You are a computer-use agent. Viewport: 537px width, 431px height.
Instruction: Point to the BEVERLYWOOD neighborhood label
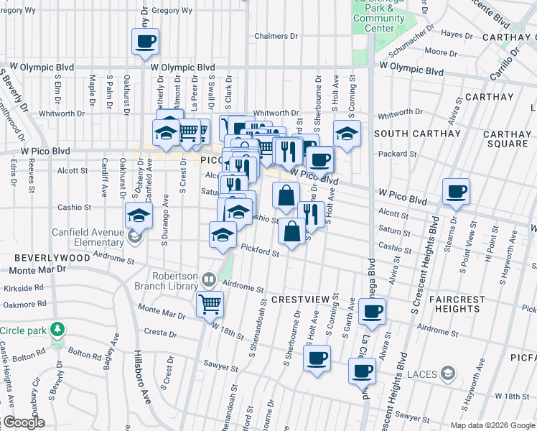tap(31, 256)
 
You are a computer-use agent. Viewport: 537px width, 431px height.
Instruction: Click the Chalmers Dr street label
tap(276, 36)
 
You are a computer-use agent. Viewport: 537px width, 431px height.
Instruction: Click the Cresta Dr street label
tap(160, 333)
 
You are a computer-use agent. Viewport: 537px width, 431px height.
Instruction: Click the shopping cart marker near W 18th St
tap(210, 303)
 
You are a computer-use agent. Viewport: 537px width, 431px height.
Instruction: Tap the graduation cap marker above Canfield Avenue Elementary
tap(139, 215)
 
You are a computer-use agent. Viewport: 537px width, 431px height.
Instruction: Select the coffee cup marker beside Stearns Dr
tap(456, 192)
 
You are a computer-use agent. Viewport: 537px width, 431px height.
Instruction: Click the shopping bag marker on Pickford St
tap(291, 232)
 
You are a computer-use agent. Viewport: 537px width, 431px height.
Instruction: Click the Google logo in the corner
tap(24, 422)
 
